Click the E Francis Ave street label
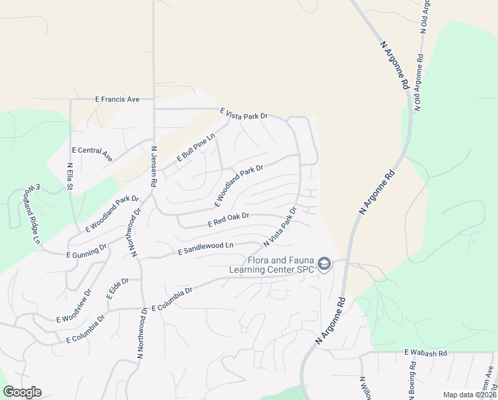pyautogui.click(x=117, y=99)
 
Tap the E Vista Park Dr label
pyautogui.click(x=244, y=115)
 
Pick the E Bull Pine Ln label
pyautogui.click(x=196, y=148)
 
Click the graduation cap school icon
pyautogui.click(x=324, y=265)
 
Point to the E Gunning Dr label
pyautogui.click(x=87, y=251)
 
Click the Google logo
pyautogui.click(x=22, y=392)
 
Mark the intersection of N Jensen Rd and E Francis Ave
pyautogui.click(x=154, y=100)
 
